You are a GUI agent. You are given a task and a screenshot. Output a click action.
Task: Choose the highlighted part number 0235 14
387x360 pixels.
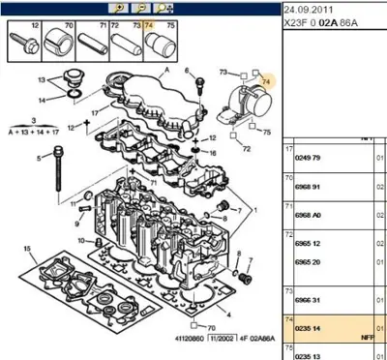310,329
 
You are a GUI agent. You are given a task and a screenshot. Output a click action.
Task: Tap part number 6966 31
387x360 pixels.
310,303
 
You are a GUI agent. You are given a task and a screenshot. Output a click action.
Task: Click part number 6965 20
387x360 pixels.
310,261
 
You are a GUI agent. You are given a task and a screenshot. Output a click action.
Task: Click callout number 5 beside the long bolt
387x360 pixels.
40,159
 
